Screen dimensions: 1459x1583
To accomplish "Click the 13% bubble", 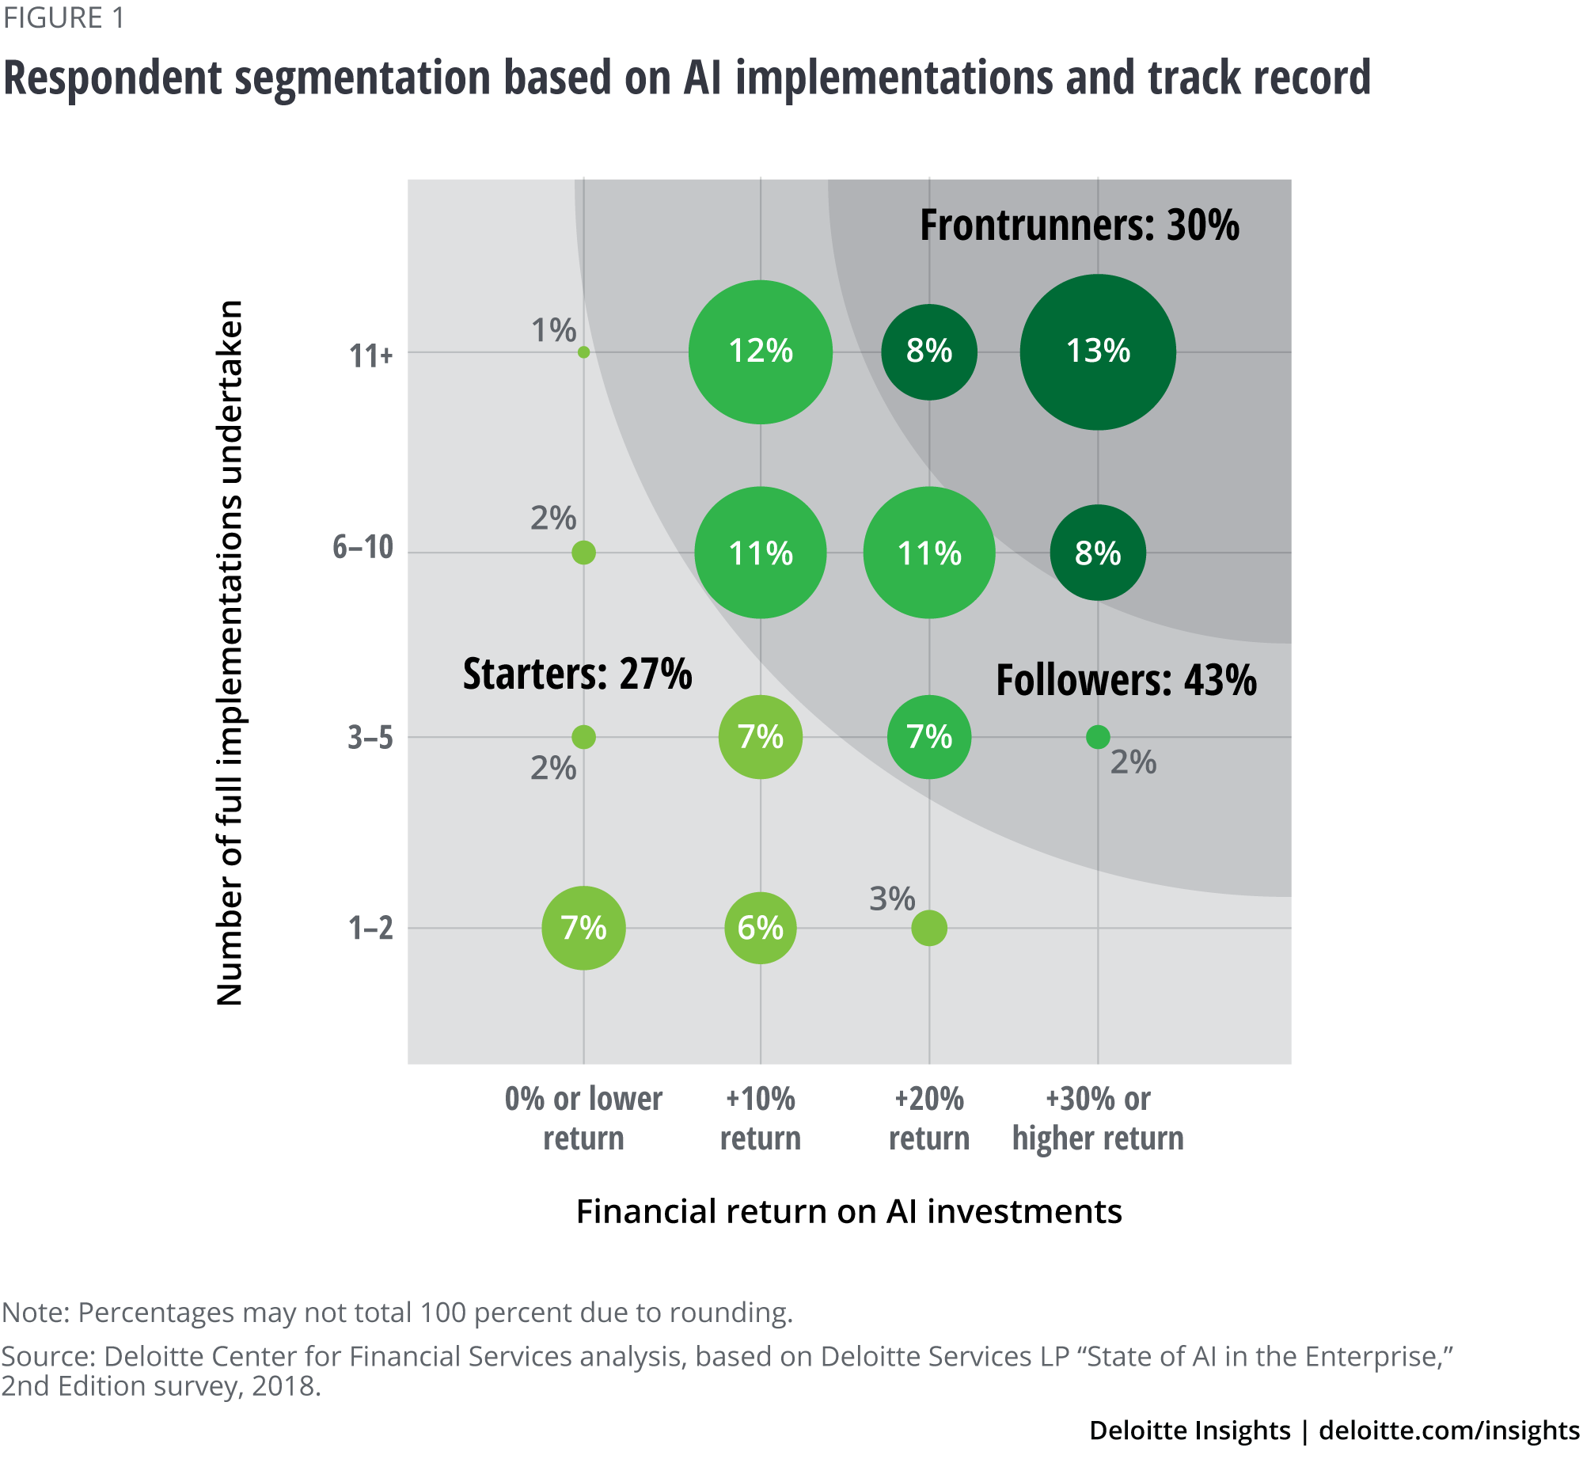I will tap(1098, 351).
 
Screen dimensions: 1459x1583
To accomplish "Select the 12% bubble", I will tap(760, 351).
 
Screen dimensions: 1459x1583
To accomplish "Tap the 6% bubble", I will tap(760, 928).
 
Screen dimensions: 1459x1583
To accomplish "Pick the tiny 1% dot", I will tap(583, 352).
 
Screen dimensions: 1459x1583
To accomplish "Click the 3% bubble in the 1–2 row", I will tap(929, 928).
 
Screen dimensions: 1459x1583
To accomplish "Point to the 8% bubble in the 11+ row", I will tap(929, 351).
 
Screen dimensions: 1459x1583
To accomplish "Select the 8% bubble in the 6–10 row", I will tap(1098, 553).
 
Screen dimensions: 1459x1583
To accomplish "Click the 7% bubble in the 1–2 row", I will tap(583, 928).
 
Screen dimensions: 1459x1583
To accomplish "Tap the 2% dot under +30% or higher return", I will tap(1098, 737).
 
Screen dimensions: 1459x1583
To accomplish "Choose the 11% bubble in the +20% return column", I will tap(929, 553).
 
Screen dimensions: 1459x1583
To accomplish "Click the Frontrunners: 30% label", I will tap(1079, 226).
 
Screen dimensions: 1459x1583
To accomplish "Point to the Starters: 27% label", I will tap(577, 674).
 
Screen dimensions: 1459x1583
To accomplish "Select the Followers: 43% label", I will tap(1126, 681).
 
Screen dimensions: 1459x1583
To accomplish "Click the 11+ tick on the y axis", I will tap(371, 355).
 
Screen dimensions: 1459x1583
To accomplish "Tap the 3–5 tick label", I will tap(370, 738).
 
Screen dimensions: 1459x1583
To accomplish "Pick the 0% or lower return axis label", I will tap(583, 1118).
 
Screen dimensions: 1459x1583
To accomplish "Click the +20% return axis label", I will tap(929, 1118).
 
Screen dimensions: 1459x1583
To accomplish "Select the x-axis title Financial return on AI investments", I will tap(848, 1211).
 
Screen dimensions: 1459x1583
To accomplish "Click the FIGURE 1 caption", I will tap(64, 17).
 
